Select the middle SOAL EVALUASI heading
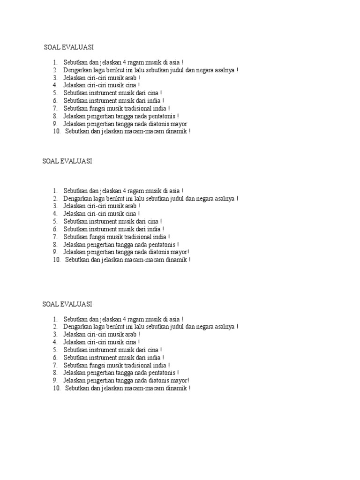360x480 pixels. (67, 161)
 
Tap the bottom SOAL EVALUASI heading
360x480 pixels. (67, 304)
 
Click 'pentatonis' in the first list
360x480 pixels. (161, 116)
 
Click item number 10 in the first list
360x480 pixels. (57, 132)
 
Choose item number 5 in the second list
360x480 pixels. (54, 221)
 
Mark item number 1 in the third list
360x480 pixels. (54, 319)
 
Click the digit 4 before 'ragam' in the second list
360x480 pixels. (124, 191)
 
